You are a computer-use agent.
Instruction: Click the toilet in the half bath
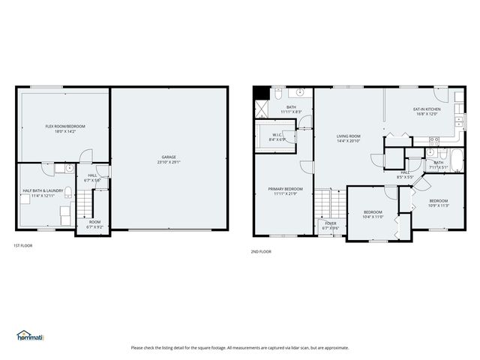tap(67, 193)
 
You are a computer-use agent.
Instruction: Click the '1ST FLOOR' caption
tap(23, 245)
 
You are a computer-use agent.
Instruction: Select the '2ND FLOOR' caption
tap(261, 251)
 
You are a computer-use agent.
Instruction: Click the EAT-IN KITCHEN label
tap(427, 109)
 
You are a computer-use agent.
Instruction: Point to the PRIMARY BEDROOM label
tap(286, 189)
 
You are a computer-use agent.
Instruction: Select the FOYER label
tap(330, 223)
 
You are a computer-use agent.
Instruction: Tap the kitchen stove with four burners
tap(433, 140)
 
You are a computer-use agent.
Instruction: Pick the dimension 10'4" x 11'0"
tap(373, 217)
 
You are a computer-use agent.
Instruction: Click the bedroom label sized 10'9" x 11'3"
tap(438, 201)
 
